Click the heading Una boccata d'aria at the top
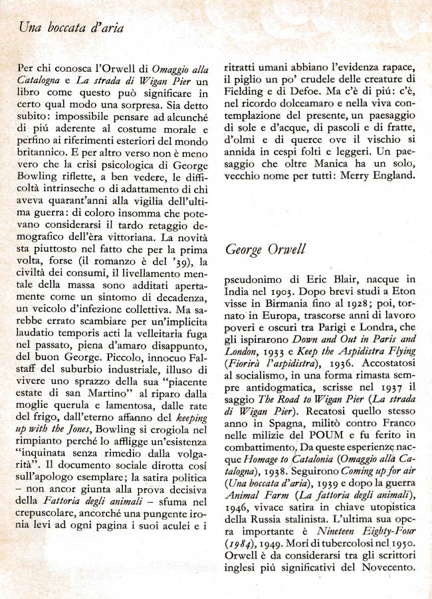(x=71, y=28)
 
